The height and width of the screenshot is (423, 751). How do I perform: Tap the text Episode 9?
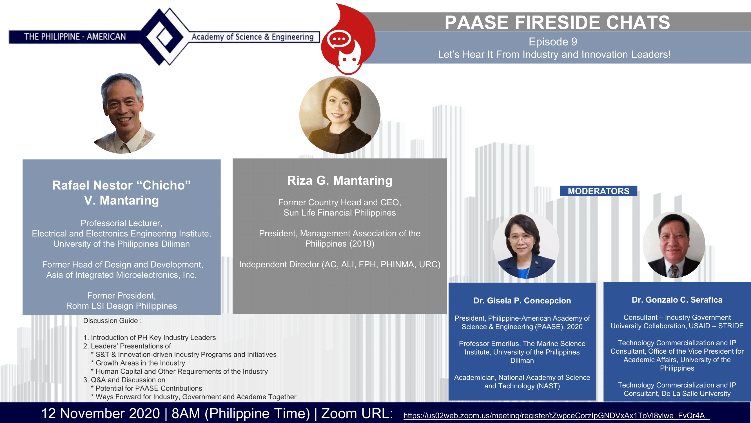553,42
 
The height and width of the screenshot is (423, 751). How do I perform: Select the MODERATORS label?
599,191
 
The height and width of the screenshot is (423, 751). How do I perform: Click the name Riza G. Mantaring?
340,180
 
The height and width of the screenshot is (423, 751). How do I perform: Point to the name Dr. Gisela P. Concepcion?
522,300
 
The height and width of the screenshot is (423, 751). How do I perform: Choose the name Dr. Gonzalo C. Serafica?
677,299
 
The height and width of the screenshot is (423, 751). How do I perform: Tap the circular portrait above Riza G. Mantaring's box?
340,115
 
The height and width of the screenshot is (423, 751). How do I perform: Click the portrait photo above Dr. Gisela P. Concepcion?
526,245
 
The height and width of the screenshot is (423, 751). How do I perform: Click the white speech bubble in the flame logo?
339,39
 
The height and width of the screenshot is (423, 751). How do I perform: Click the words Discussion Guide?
110,321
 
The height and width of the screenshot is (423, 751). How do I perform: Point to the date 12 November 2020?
101,413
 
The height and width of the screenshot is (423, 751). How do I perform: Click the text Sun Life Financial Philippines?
340,213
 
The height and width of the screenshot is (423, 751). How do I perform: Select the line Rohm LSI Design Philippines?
121,306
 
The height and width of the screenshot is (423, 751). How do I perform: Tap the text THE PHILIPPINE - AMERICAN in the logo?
75,37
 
